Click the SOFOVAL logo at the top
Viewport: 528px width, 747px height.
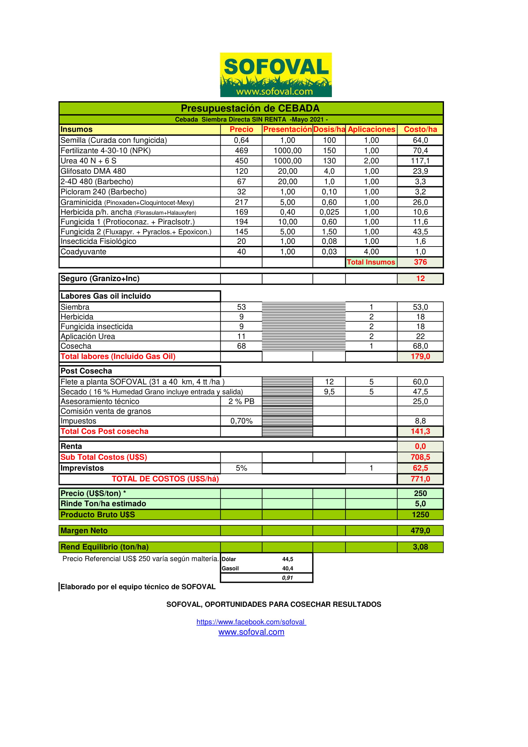(276, 74)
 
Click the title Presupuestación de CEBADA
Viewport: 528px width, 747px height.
(250, 108)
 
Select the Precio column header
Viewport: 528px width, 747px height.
(241, 129)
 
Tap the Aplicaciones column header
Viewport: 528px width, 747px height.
(371, 129)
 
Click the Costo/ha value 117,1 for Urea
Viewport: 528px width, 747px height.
(420, 161)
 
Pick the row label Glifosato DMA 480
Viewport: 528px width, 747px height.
(93, 171)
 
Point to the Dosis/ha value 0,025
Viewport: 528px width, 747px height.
(329, 212)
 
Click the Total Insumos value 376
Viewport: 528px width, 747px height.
(420, 262)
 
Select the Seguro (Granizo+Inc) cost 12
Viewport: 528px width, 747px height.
(420, 278)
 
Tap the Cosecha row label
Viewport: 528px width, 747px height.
(76, 346)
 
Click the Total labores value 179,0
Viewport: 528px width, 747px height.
(420, 357)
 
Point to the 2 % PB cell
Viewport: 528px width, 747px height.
(241, 401)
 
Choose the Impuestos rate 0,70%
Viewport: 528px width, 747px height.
(241, 421)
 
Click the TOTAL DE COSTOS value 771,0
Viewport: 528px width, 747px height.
(420, 479)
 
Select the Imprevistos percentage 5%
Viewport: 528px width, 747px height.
(241, 468)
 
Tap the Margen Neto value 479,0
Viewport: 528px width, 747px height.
(420, 531)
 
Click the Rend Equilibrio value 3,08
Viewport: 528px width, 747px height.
(420, 547)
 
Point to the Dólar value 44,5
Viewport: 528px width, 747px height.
(287, 559)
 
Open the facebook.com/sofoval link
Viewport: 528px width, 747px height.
(251, 622)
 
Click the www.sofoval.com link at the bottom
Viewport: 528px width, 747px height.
(251, 632)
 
